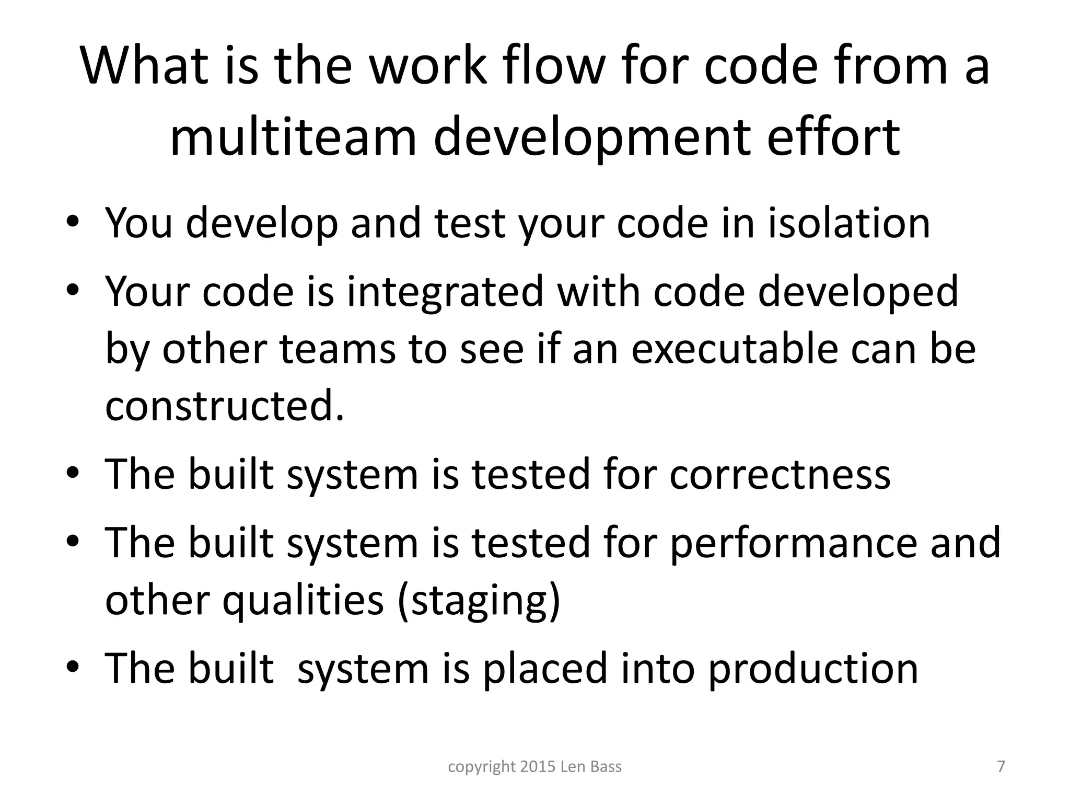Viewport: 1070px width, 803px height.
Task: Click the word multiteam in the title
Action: point(293,137)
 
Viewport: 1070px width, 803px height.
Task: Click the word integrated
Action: point(445,291)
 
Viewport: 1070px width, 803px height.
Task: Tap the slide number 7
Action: point(1001,766)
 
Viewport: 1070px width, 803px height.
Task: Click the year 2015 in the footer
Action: point(538,767)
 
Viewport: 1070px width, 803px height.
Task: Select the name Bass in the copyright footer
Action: point(606,767)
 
